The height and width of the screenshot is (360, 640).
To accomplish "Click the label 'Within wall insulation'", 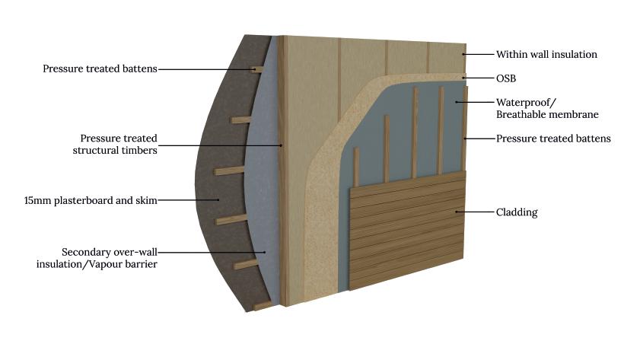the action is click(546, 55).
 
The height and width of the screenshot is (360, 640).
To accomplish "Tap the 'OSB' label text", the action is click(506, 78).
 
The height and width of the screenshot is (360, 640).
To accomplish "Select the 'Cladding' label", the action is click(517, 212).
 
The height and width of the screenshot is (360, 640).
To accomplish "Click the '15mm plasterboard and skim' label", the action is click(91, 200).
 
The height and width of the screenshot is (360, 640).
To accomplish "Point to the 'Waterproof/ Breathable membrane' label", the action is click(547, 108).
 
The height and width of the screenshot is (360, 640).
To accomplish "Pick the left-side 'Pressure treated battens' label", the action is click(100, 68).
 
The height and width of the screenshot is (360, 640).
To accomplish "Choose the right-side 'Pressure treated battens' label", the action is click(553, 139).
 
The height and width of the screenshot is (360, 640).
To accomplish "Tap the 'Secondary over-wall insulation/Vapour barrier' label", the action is click(111, 257).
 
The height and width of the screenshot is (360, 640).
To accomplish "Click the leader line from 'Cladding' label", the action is click(475, 212).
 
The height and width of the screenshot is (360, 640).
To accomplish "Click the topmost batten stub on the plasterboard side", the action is click(258, 69).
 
